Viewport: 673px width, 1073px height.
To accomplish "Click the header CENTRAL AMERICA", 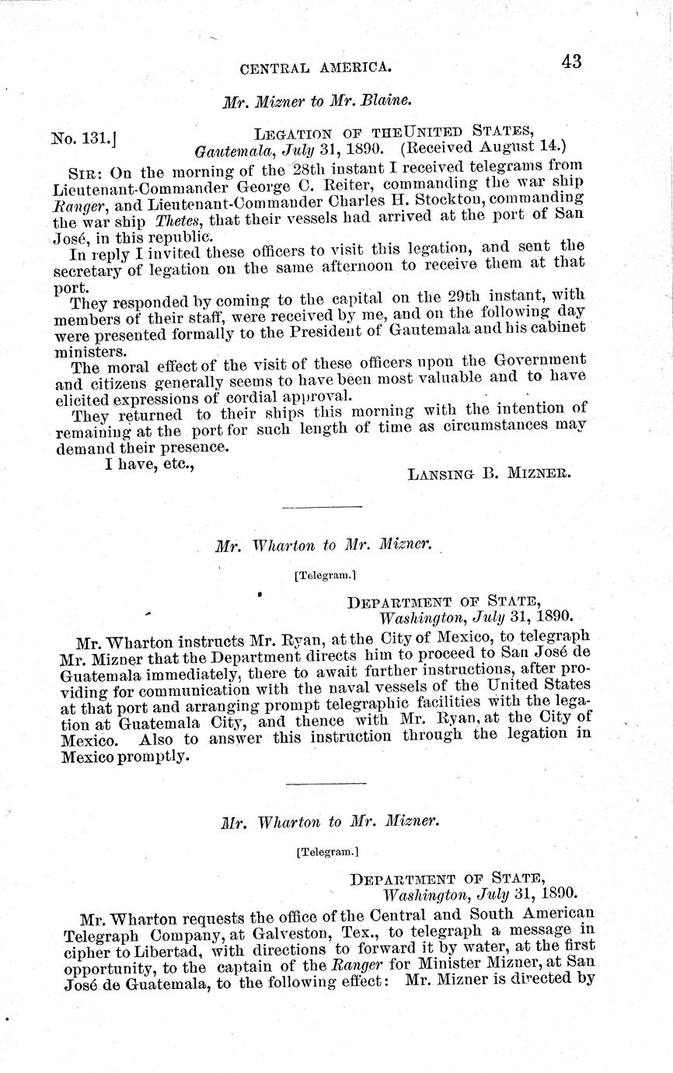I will pos(316,68).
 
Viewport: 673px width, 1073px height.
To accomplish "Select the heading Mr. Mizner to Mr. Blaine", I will pos(316,101).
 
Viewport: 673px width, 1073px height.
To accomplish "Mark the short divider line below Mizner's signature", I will pos(323,507).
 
